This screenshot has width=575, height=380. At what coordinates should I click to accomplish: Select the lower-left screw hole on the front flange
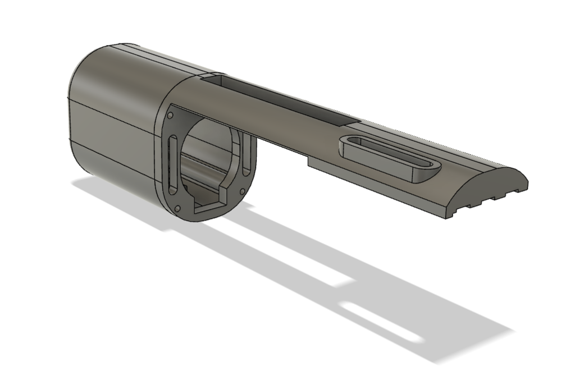[x=177, y=209]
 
